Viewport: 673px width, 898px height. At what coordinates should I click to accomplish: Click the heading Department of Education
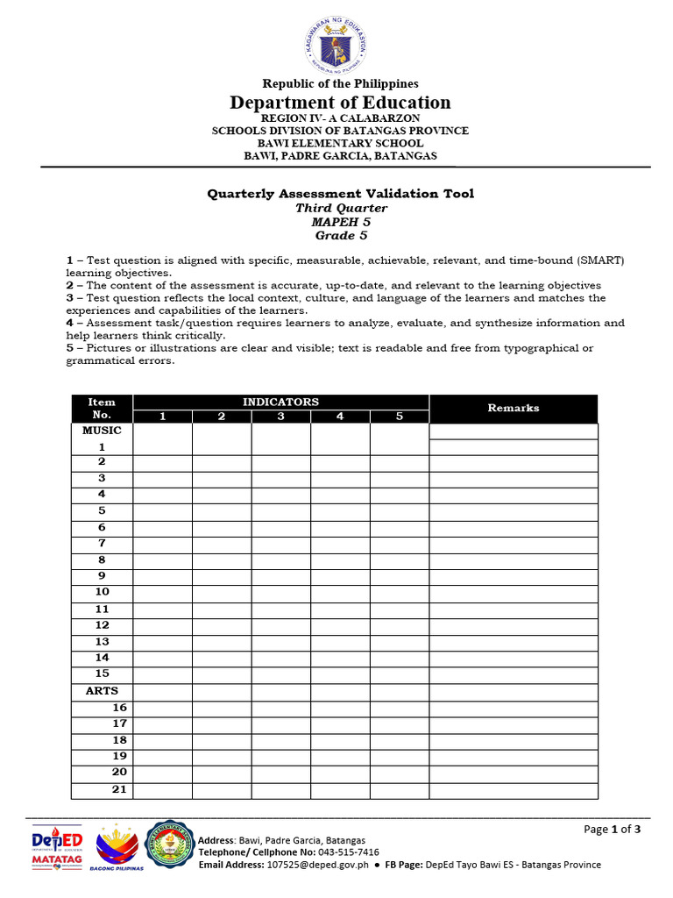coord(340,103)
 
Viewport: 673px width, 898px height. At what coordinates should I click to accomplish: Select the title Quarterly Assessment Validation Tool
coord(340,194)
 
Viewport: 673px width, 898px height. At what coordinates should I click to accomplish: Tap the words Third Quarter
coord(341,208)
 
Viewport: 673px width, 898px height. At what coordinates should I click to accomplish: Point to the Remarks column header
coord(514,408)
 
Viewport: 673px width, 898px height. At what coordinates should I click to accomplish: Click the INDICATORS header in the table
coord(280,402)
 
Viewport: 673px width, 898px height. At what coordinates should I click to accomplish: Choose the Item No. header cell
coord(102,408)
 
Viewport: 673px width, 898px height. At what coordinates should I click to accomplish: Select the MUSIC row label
coord(102,431)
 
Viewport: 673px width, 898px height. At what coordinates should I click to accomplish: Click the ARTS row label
coord(102,691)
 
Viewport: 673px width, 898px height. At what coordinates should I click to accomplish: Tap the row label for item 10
coord(102,593)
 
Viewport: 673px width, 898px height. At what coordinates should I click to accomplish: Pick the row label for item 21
coord(119,789)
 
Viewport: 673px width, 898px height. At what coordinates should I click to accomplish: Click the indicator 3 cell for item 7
coord(280,544)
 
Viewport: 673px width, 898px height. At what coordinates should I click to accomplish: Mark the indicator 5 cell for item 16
coord(399,708)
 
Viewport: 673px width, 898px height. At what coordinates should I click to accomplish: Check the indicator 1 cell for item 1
coord(162,447)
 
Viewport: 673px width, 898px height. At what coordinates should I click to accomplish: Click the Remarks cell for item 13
coord(514,642)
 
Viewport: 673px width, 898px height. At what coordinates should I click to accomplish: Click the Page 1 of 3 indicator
coord(613,830)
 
